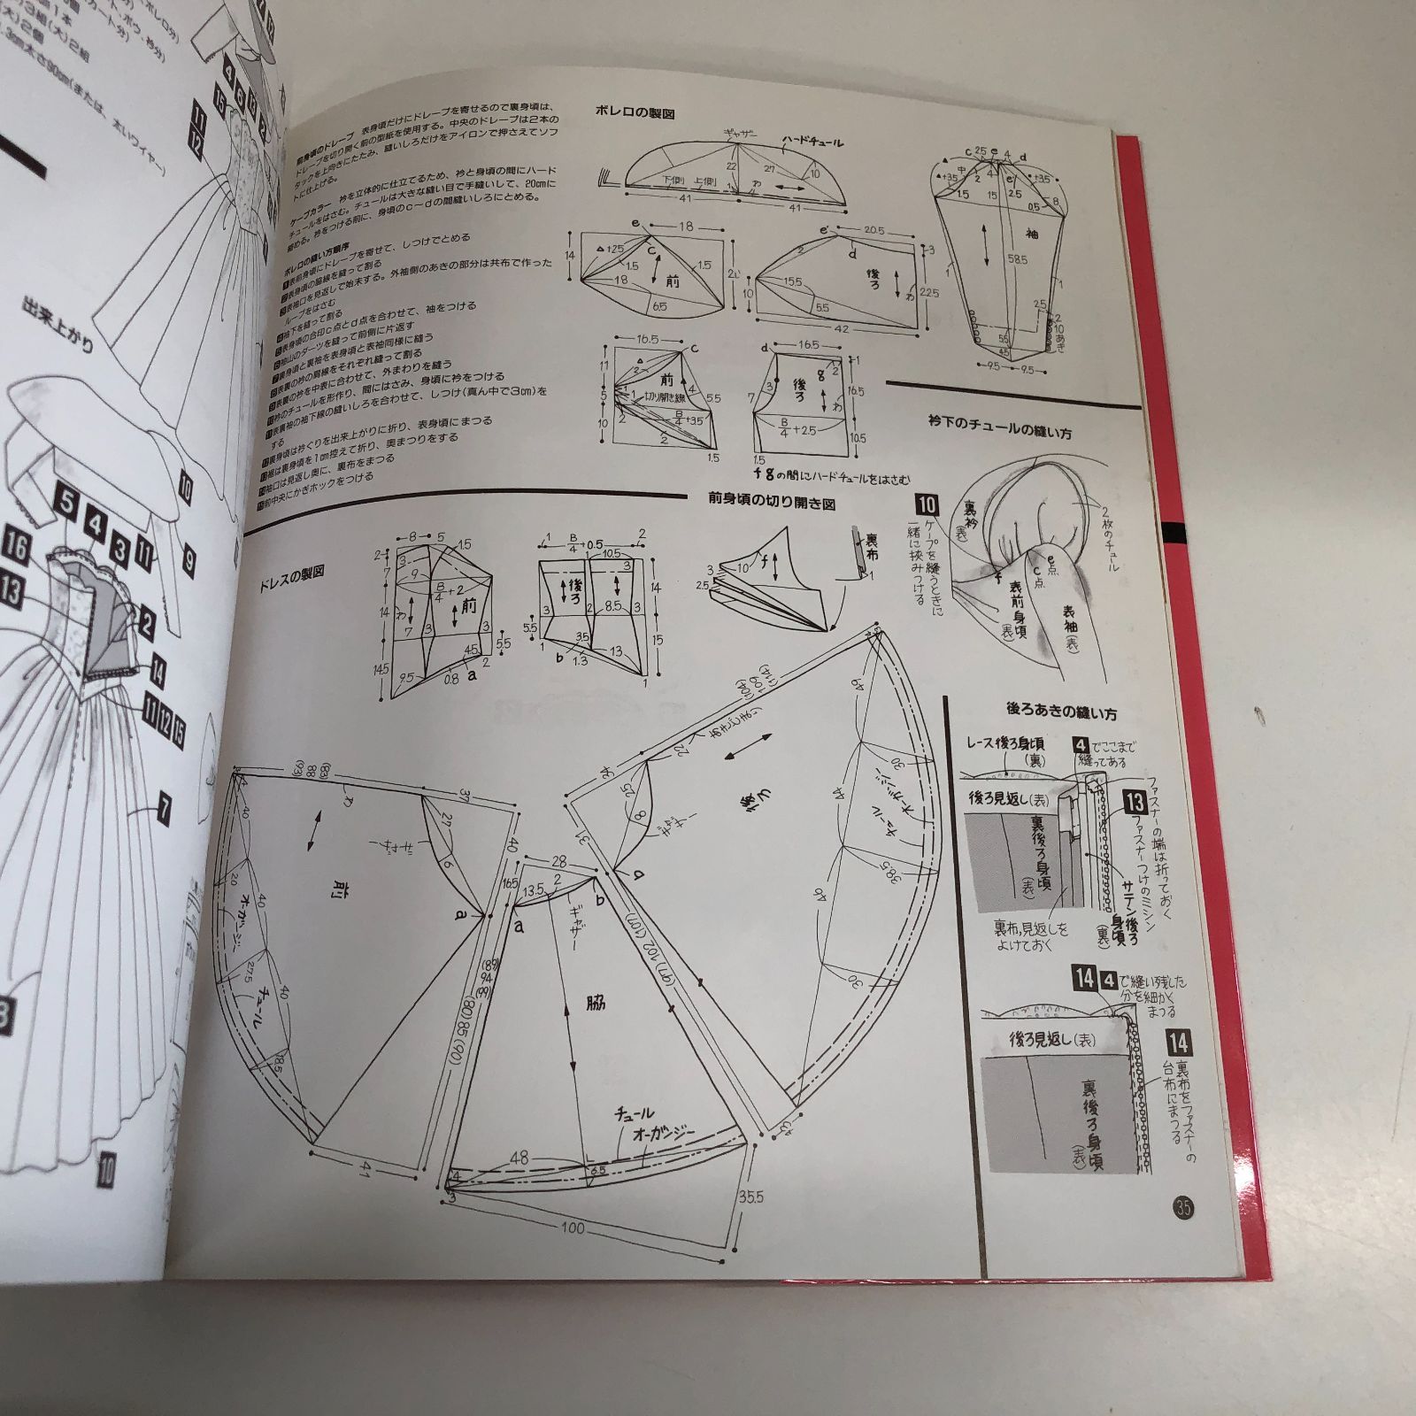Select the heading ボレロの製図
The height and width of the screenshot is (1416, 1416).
tap(637, 114)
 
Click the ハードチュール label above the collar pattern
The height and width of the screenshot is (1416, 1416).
tap(813, 142)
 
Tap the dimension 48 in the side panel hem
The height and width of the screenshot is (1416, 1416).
tap(520, 1158)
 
